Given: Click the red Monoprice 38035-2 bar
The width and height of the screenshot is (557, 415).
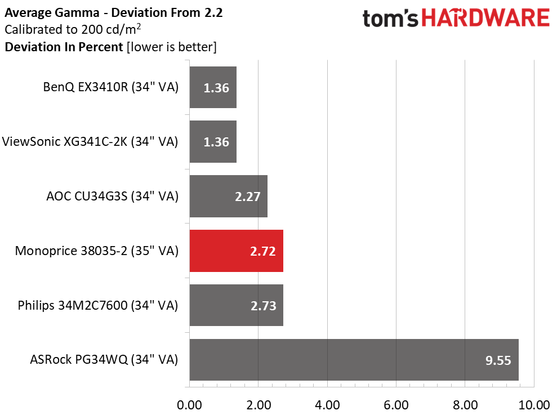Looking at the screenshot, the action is (x=236, y=251).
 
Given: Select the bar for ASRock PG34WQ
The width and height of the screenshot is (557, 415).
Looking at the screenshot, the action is (x=354, y=360).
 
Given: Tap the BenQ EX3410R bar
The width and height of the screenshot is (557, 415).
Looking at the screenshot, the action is (x=213, y=87).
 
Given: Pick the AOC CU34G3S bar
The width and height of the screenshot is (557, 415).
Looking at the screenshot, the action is (x=229, y=196).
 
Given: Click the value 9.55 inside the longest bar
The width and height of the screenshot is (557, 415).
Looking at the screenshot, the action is (x=498, y=360).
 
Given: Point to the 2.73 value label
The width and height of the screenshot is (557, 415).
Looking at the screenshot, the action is (x=263, y=306).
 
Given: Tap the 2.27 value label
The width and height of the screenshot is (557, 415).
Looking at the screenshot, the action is (x=248, y=197).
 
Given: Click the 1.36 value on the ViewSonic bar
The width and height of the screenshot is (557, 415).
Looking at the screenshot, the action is (x=216, y=142).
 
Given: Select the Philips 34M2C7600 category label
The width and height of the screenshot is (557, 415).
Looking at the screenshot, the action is (x=97, y=305).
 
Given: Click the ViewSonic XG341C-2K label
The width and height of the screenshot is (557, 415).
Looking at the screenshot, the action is (x=90, y=141).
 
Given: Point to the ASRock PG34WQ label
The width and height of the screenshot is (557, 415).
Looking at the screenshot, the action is (x=104, y=360).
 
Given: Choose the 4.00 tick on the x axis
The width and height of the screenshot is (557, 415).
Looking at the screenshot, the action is (x=327, y=405).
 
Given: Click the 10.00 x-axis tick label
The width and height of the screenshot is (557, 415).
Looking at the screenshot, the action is (x=534, y=405).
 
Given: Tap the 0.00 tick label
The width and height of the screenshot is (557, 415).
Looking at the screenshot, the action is (x=189, y=405).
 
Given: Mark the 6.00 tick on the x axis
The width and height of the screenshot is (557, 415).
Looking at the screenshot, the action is (x=396, y=405).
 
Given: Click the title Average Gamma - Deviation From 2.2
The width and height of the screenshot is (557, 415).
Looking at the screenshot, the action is (x=114, y=13).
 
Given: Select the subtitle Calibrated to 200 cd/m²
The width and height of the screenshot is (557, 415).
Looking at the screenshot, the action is (x=73, y=29).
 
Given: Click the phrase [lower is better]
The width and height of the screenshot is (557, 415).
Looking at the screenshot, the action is (x=172, y=47).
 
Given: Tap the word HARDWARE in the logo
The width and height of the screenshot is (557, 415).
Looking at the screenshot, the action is (x=485, y=18).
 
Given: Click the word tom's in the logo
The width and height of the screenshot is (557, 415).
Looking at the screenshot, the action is (x=390, y=19).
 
